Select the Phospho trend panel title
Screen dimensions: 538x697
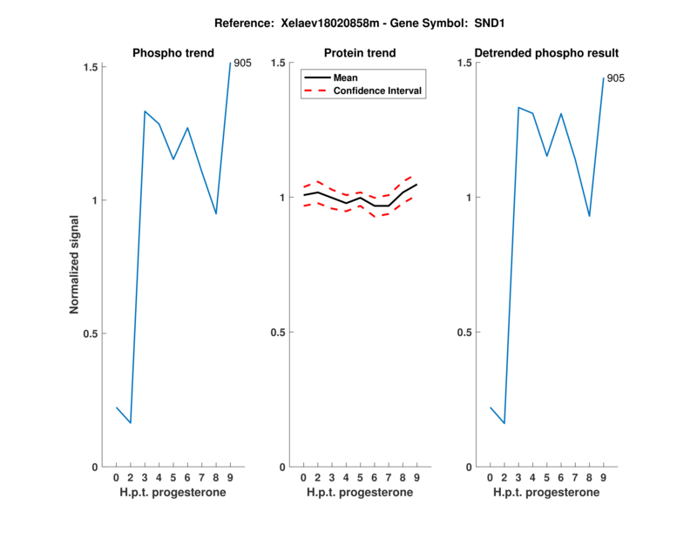(173, 53)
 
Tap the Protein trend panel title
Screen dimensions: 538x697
(359, 53)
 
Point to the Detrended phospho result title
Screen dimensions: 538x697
(546, 53)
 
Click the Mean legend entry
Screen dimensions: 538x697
(346, 77)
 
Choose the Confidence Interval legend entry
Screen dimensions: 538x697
(379, 91)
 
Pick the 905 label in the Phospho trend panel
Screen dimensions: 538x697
(242, 64)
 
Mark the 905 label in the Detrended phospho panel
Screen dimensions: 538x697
(615, 78)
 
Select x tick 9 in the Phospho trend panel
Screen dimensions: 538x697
(230, 478)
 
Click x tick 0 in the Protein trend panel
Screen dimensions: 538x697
(303, 478)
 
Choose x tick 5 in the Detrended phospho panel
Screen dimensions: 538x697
(547, 478)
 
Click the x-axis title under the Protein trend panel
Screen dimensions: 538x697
(360, 493)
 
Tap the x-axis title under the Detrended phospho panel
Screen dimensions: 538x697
(546, 493)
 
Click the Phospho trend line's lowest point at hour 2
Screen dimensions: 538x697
(131, 423)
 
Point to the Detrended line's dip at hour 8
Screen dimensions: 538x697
(590, 216)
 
